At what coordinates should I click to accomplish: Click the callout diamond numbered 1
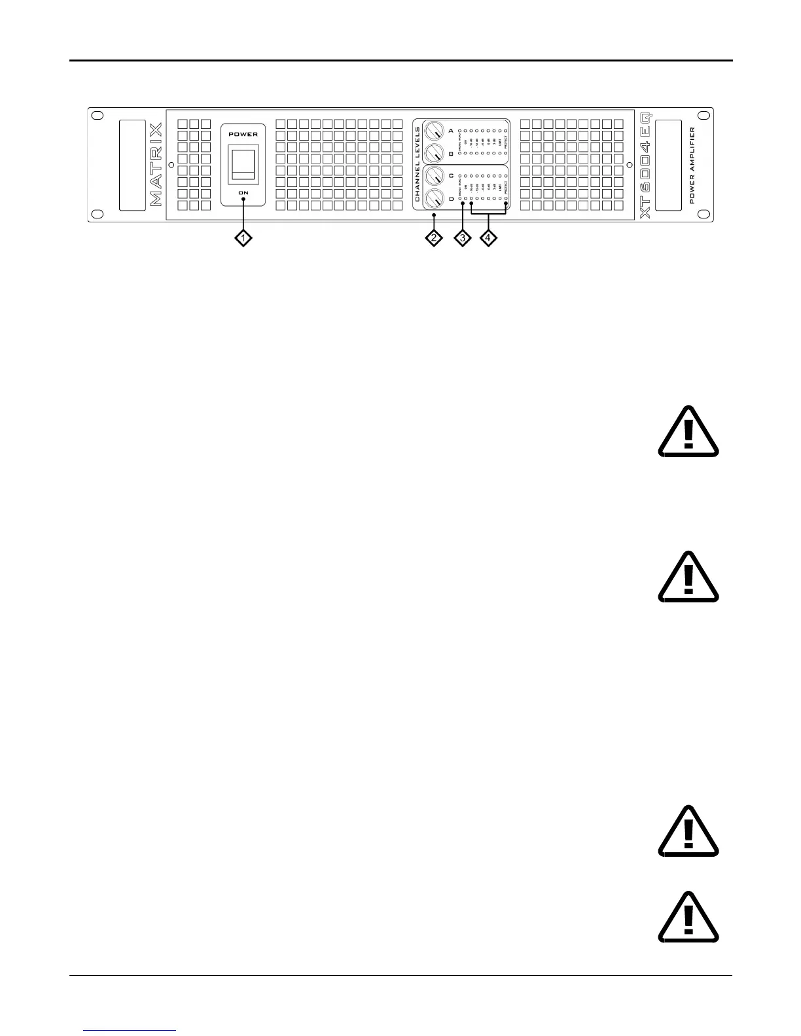pyautogui.click(x=243, y=239)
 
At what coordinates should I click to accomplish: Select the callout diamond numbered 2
pyautogui.click(x=433, y=239)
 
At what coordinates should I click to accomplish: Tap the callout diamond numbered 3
pyautogui.click(x=462, y=239)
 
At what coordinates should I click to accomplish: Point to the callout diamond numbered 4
pyautogui.click(x=488, y=239)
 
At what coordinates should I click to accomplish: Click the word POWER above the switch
pyautogui.click(x=243, y=134)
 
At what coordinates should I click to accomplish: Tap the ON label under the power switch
pyautogui.click(x=243, y=193)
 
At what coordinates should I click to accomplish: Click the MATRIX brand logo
pyautogui.click(x=157, y=165)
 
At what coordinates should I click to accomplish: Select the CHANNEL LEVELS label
pyautogui.click(x=418, y=164)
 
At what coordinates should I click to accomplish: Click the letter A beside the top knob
pyautogui.click(x=450, y=131)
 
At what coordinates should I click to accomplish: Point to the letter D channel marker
pyautogui.click(x=450, y=198)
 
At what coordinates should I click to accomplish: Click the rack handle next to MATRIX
pyautogui.click(x=132, y=165)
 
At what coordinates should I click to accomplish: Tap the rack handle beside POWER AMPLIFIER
pyautogui.click(x=667, y=165)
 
